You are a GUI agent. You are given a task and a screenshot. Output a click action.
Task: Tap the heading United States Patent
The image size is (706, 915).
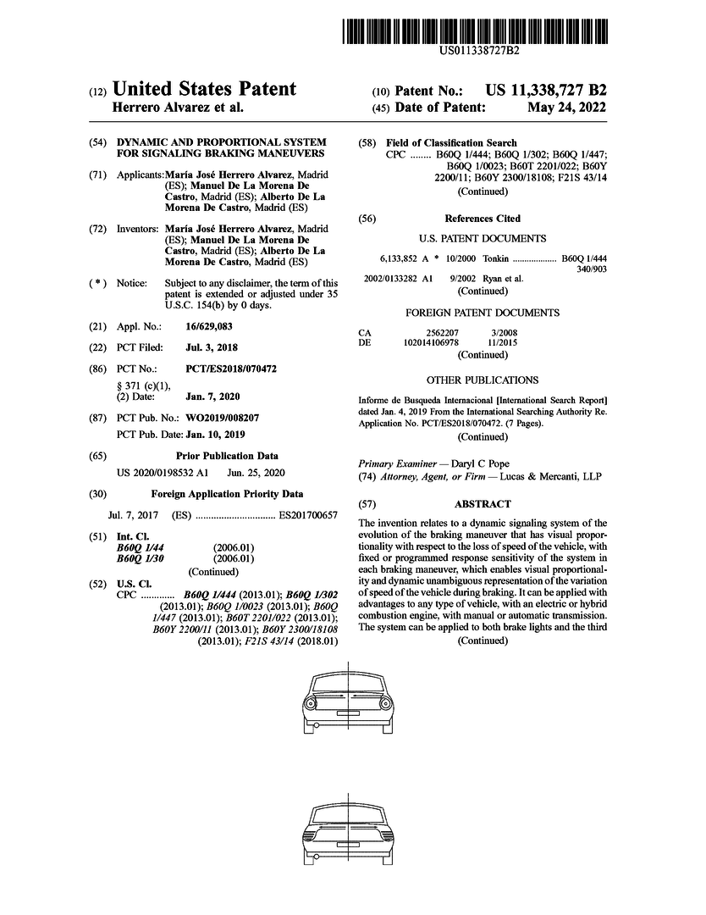(x=204, y=90)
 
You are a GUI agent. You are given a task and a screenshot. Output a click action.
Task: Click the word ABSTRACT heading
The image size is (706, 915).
(x=483, y=503)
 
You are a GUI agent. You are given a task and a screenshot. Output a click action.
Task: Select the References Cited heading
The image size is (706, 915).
(x=483, y=219)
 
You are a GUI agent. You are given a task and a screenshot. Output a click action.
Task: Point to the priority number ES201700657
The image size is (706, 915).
(x=308, y=515)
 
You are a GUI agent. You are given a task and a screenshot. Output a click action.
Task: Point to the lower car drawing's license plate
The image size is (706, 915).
(x=347, y=846)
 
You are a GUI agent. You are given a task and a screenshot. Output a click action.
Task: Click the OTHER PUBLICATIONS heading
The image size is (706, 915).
(x=483, y=380)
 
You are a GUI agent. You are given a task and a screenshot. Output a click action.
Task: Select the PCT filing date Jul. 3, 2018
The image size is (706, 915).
(x=212, y=347)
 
